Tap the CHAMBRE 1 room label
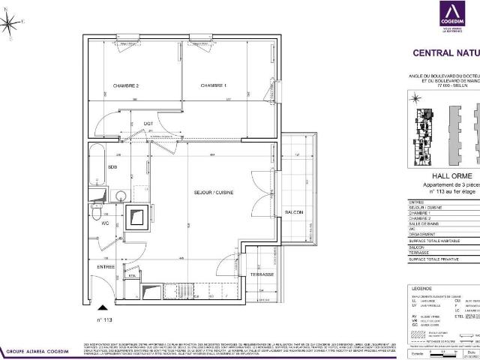tap(214, 86)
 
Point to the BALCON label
tap(294, 213)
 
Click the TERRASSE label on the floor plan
tap(262, 274)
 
